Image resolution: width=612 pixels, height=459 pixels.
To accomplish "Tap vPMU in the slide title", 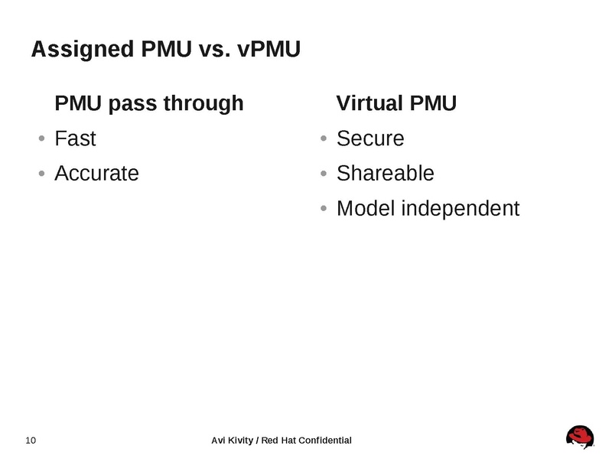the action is [x=269, y=50].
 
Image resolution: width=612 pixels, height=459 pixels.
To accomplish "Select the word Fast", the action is [x=75, y=138].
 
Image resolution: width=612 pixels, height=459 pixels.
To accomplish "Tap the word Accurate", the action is [x=96, y=173].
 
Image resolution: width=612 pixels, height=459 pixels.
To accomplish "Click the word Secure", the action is [x=370, y=138].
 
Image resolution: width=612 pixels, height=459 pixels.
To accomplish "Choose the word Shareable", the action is [x=385, y=173].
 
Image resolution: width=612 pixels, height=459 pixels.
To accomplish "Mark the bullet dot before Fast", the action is [x=41, y=139].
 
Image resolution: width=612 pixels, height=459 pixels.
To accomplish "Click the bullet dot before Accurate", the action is [x=41, y=174].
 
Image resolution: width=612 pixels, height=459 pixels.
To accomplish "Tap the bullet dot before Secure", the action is [x=324, y=139].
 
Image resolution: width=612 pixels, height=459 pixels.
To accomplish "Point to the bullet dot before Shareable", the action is [x=324, y=174].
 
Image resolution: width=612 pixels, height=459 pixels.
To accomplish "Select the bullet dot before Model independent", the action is [x=324, y=208].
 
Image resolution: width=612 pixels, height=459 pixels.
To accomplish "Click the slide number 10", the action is [x=31, y=440].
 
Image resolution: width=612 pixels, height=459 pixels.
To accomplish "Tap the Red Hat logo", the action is [x=581, y=438].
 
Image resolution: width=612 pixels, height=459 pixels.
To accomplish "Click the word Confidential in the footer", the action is [x=324, y=440].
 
